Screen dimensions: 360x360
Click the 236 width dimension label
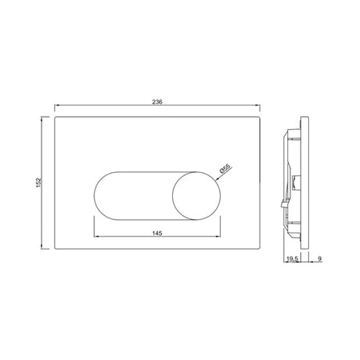tap(157, 102)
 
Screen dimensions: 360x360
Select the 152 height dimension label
tap(38, 182)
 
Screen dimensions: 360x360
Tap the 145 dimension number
tap(157, 233)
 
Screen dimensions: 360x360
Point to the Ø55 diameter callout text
tap(225, 168)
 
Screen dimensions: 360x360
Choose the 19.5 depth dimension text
tap(292, 258)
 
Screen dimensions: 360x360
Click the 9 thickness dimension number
tap(320, 258)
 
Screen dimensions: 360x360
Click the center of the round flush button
tap(196, 196)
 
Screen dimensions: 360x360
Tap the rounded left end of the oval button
tap(95, 196)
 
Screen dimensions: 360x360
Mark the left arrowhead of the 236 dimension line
tap(56, 106)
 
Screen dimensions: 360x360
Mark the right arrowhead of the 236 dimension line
tap(259, 106)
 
